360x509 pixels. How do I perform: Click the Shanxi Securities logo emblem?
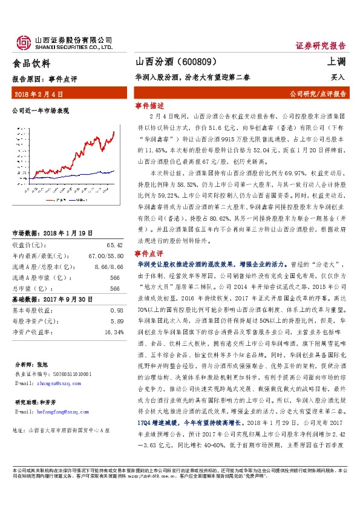point(23,41)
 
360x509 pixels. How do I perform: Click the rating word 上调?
point(336,63)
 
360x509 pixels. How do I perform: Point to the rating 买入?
point(338,77)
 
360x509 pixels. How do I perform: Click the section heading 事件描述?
point(149,105)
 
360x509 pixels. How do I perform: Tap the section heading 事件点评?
point(149,253)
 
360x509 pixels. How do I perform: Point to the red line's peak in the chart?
point(114,131)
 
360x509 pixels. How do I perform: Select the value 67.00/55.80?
point(106,256)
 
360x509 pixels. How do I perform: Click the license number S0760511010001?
point(68,375)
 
